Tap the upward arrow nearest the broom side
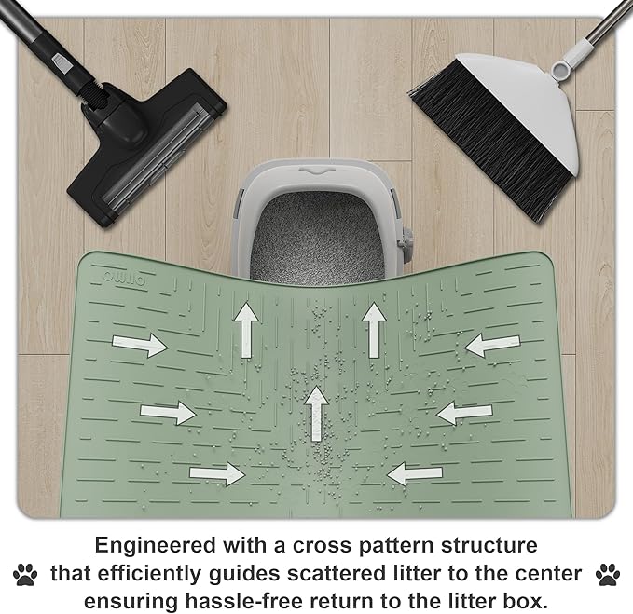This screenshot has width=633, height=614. pyautogui.click(x=374, y=328)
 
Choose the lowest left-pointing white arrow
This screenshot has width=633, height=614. pyautogui.click(x=415, y=473)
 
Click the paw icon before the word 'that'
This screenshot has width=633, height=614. pyautogui.click(x=25, y=572)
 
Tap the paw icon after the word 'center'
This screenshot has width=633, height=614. pyautogui.click(x=607, y=572)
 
